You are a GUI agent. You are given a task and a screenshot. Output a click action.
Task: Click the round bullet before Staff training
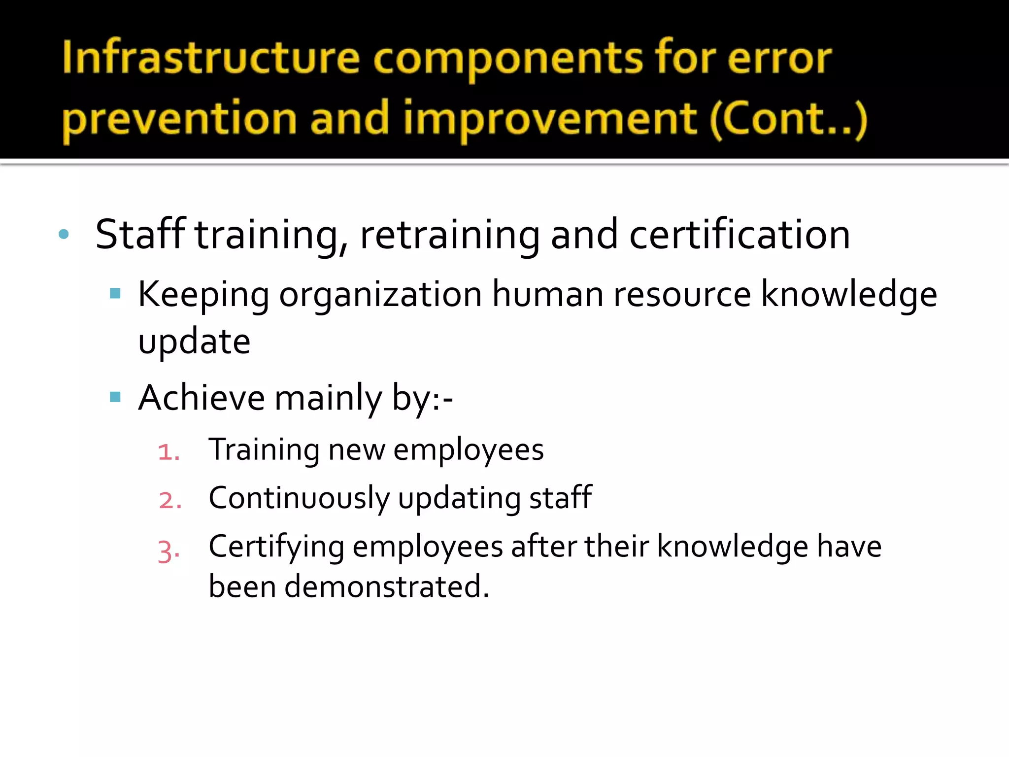tap(64, 234)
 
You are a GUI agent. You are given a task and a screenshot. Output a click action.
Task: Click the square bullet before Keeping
tap(115, 294)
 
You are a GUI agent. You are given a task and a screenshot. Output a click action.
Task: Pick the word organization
tap(380, 295)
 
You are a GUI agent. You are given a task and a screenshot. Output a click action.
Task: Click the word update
tap(194, 342)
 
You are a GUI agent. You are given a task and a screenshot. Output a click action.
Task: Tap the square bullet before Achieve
tap(115, 397)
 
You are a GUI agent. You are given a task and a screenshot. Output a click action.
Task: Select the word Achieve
tap(202, 397)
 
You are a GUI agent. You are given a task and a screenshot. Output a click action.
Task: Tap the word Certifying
tap(276, 548)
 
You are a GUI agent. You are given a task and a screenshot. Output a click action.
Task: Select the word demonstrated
tap(386, 586)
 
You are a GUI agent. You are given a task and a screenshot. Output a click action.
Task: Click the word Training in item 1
tap(264, 450)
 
